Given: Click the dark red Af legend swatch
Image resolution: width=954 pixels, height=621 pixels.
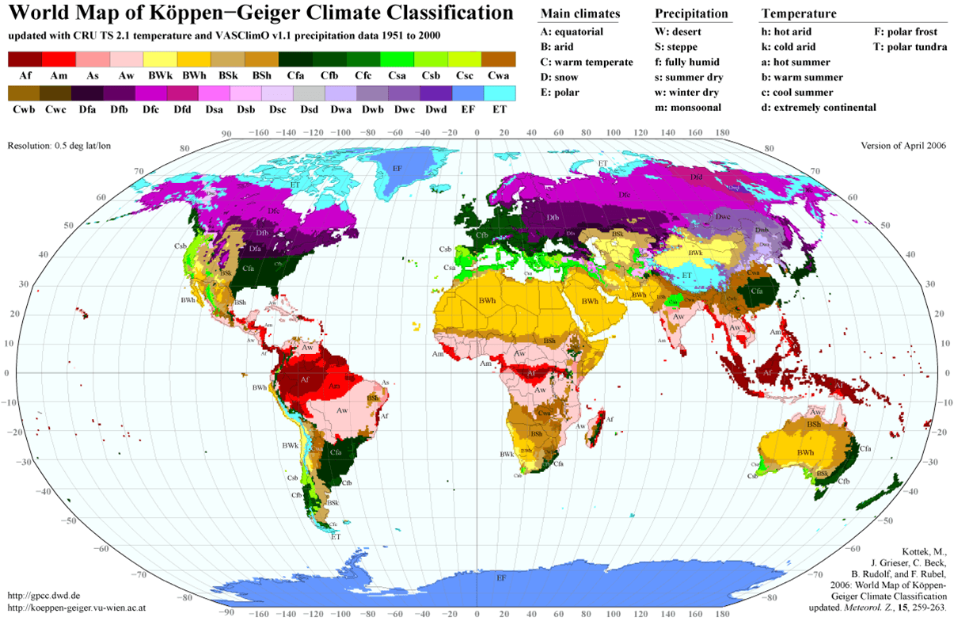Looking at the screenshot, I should click(25, 59).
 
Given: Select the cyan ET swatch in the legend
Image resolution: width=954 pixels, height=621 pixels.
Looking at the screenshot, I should click(499, 93).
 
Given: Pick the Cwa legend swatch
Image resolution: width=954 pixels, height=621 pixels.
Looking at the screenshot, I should click(499, 59).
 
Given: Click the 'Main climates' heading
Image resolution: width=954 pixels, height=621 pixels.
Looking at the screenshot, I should click(580, 14).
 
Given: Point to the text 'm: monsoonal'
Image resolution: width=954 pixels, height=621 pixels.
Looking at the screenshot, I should click(689, 107).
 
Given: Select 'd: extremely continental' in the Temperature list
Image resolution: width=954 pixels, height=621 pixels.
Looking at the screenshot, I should click(818, 107).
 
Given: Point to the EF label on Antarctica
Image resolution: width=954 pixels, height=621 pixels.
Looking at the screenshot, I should click(501, 579).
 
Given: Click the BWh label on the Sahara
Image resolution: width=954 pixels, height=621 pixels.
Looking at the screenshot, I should click(487, 301).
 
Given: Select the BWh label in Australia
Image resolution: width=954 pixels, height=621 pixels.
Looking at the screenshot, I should click(806, 451).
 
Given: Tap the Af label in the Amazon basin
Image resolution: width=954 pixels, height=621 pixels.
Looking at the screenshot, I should click(305, 379).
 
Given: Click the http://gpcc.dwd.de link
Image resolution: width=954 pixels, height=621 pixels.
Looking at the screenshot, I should click(44, 595).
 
